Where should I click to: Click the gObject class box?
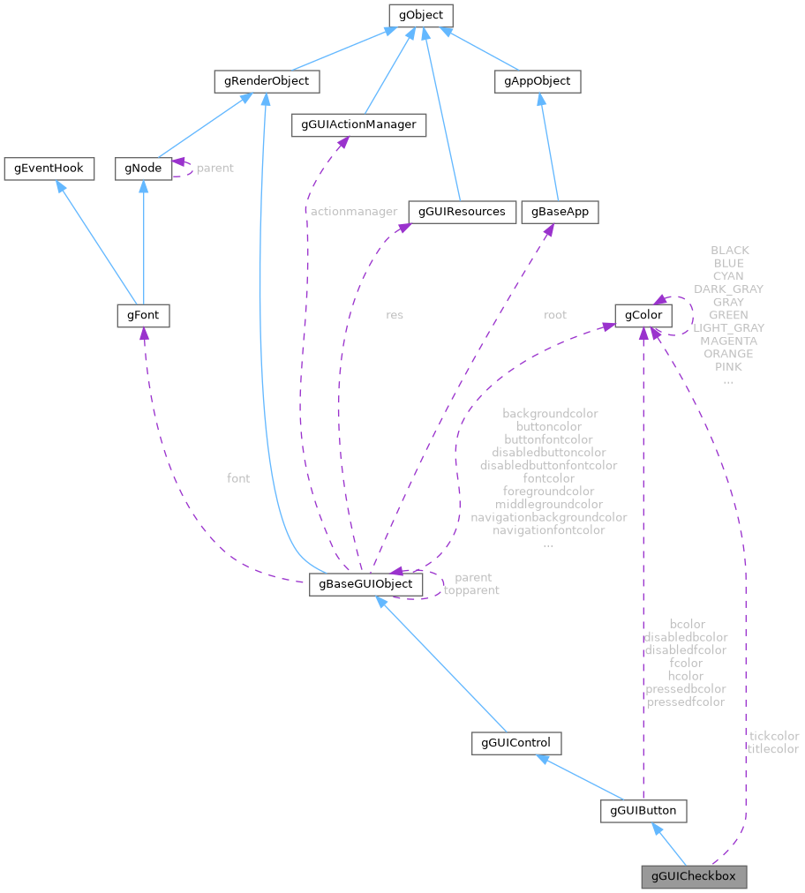point(421,15)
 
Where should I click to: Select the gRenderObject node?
point(266,81)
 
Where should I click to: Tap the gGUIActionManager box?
point(358,125)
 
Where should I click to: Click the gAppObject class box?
point(537,81)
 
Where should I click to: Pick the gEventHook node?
point(49,168)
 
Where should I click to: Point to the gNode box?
point(143,168)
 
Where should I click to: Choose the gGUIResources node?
point(462,212)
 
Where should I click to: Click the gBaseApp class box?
point(560,212)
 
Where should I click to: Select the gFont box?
point(143,315)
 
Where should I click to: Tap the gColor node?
point(643,315)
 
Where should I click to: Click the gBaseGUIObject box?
point(365,584)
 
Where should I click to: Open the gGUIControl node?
point(516,743)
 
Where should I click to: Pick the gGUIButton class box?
point(643,810)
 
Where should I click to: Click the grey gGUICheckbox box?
point(694,877)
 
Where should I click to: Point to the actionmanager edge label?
point(354,212)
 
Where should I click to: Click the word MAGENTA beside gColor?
point(728,341)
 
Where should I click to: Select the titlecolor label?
point(773,749)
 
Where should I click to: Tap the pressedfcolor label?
point(686,702)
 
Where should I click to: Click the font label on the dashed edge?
point(238,478)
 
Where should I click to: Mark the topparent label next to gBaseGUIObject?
point(471,590)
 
